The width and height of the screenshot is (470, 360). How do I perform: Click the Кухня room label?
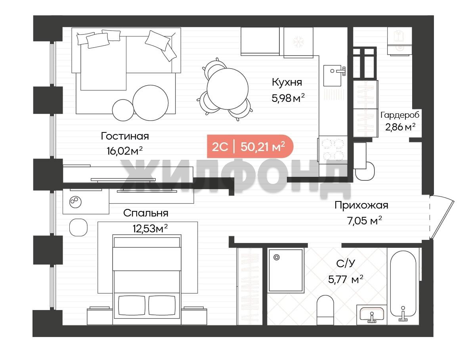point(287,82)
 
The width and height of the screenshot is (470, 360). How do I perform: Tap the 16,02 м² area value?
point(124,151)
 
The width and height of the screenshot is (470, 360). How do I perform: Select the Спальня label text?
point(146,213)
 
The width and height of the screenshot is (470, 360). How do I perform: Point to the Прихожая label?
point(361,205)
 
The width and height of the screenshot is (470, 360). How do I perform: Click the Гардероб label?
point(400,115)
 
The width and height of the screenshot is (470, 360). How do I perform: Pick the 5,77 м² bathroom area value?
point(346,279)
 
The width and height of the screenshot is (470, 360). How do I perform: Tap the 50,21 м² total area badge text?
point(263,147)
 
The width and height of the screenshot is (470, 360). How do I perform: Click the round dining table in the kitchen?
point(228,89)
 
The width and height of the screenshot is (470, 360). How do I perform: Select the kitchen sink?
point(334,76)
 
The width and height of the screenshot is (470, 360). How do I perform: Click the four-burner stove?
point(333,149)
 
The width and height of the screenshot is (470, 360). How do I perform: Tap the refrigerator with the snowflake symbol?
point(298,42)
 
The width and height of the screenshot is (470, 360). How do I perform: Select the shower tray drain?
point(276,257)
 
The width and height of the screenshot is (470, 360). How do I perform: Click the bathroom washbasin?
point(372,314)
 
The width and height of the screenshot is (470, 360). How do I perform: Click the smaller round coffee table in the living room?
point(122,110)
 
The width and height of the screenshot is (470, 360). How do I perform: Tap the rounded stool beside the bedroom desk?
point(78,227)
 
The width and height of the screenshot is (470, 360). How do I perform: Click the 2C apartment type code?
point(220,147)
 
